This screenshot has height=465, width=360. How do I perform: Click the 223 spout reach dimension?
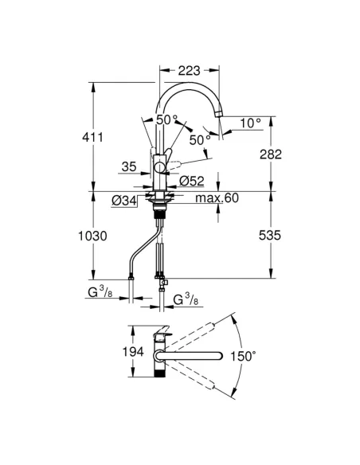pos(189,71)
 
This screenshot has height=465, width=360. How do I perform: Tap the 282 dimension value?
pos(270,154)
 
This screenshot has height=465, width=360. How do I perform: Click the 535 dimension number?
pos(270,236)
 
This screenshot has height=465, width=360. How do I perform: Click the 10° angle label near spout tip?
pos(251,123)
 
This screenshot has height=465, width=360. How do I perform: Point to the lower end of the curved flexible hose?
pos(131,275)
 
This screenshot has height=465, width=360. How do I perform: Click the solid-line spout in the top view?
pos(195,354)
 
